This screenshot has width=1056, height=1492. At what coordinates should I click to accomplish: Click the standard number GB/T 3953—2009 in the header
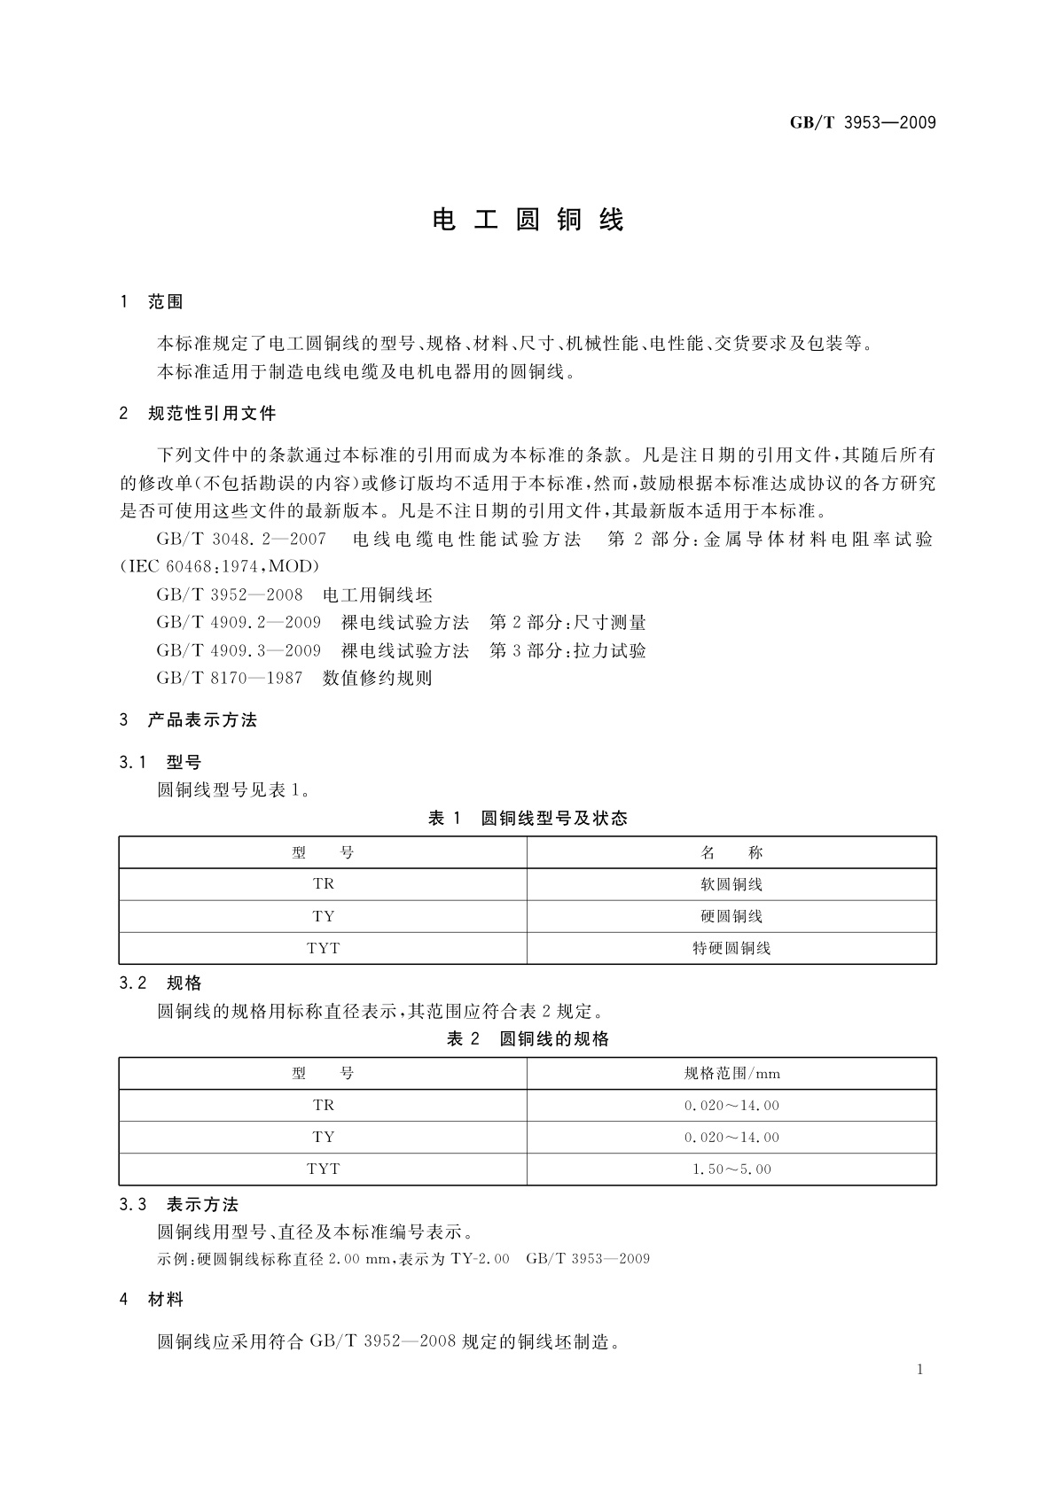[x=863, y=123]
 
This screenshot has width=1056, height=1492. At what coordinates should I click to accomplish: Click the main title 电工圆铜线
[x=528, y=220]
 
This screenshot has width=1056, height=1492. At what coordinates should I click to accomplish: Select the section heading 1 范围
[x=152, y=302]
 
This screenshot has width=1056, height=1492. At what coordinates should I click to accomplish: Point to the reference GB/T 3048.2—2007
[x=241, y=539]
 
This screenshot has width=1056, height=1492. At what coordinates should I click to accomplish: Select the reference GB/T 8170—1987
[x=229, y=679]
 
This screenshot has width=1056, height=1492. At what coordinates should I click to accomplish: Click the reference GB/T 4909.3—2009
[x=239, y=651]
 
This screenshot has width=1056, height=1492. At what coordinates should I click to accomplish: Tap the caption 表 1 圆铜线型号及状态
[x=528, y=819]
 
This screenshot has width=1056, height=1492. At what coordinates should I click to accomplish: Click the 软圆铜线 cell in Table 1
[x=731, y=884]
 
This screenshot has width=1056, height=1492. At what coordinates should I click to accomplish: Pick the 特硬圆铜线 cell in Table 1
[x=731, y=948]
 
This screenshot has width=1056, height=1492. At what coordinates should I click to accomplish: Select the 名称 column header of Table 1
[x=731, y=853]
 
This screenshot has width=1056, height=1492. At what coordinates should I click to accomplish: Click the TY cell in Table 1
[x=324, y=916]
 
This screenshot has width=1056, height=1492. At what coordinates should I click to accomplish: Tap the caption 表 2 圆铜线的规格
[x=528, y=1039]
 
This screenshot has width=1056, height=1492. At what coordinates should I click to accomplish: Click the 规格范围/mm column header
[x=731, y=1074]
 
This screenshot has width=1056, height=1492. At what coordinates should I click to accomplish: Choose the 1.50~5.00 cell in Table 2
[x=731, y=1170]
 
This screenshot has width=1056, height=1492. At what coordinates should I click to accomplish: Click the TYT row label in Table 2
[x=324, y=1170]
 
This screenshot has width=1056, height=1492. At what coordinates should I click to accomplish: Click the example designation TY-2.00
[x=481, y=1259]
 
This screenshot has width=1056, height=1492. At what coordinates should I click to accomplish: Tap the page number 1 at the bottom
[x=919, y=1370]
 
